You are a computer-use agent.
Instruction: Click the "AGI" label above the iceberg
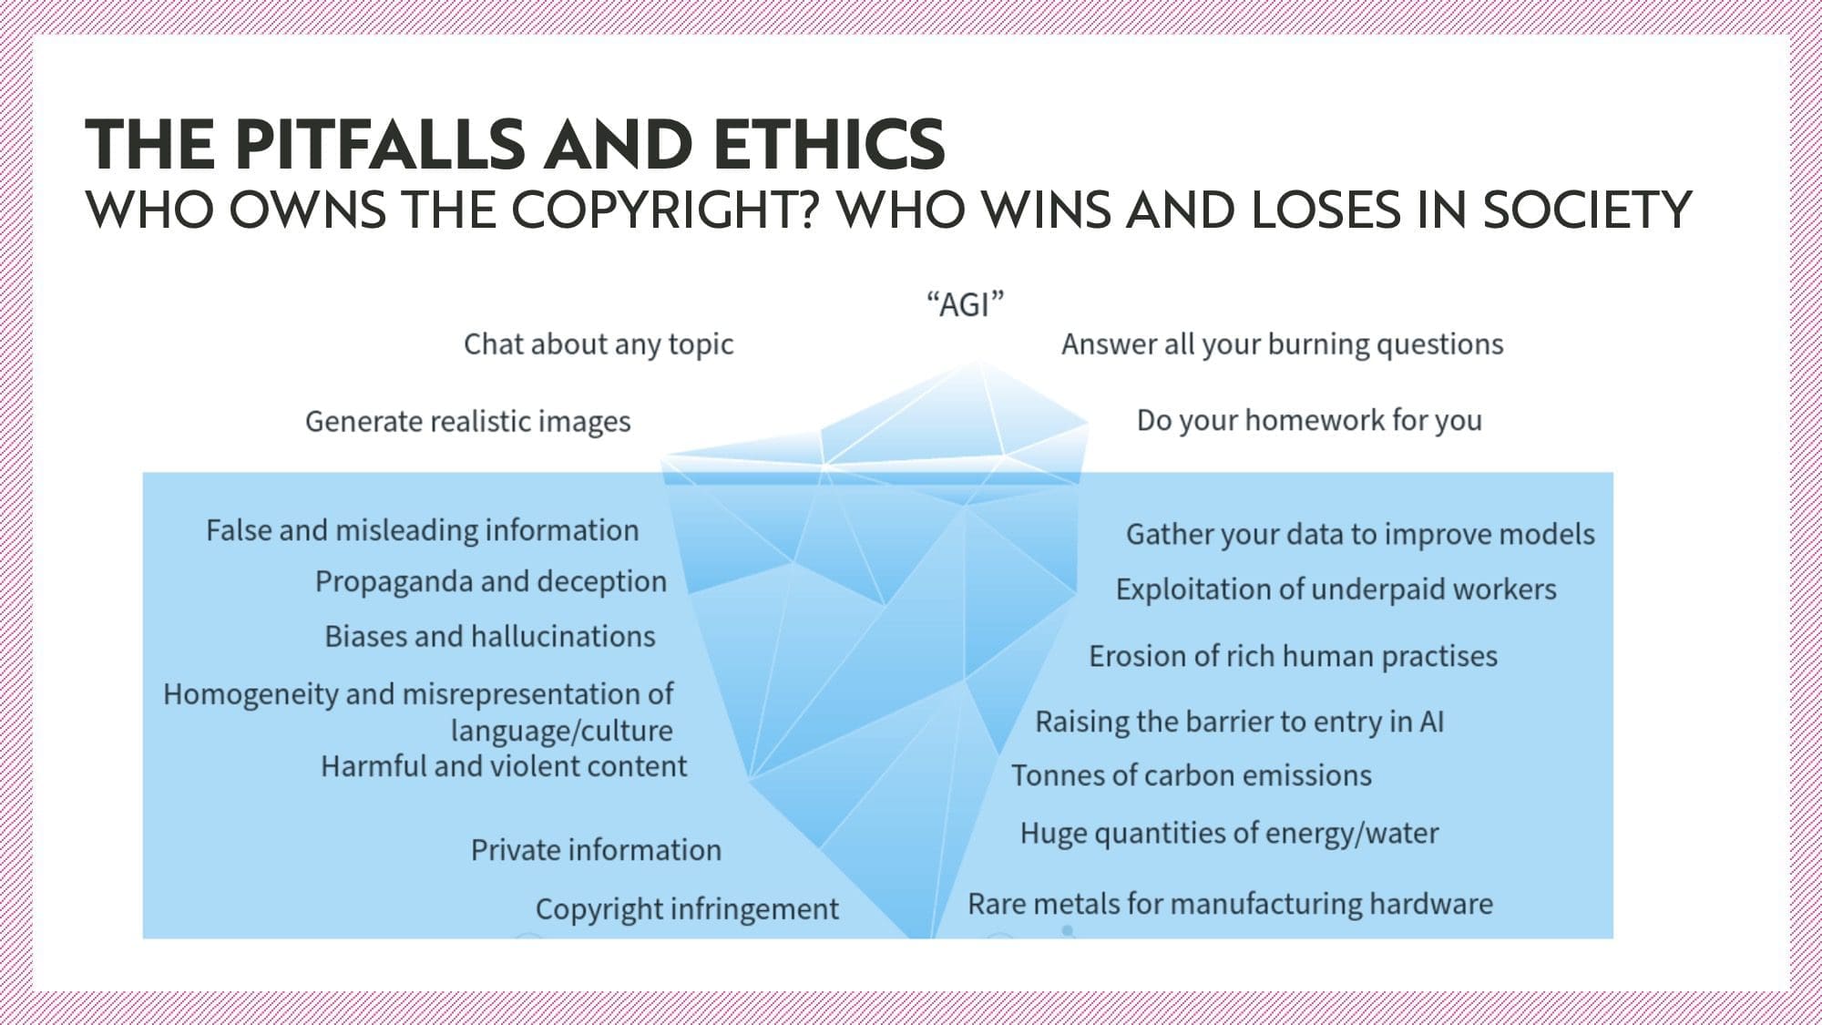click(x=965, y=303)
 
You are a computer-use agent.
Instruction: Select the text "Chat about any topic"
click(x=599, y=344)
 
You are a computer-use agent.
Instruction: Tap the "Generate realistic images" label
click(x=467, y=422)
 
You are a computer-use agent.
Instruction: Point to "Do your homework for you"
click(x=1309, y=420)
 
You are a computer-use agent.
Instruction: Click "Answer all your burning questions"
click(x=1282, y=344)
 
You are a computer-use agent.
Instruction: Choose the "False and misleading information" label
click(x=422, y=530)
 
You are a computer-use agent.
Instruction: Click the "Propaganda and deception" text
click(x=491, y=581)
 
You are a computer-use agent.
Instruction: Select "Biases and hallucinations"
click(x=490, y=636)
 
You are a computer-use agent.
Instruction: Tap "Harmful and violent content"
click(x=504, y=766)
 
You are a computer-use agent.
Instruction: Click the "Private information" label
click(x=596, y=850)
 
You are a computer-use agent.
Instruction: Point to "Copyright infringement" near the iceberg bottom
click(x=687, y=909)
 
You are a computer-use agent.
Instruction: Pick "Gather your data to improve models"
click(x=1360, y=534)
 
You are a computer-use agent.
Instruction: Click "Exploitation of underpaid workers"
click(x=1336, y=589)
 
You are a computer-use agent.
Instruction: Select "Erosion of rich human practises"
click(x=1293, y=656)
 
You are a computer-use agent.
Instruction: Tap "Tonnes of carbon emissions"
click(x=1191, y=775)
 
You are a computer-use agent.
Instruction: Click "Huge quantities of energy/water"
click(x=1229, y=834)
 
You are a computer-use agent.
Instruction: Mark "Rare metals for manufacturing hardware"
click(x=1230, y=904)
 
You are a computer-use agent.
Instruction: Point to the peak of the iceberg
click(x=978, y=362)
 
